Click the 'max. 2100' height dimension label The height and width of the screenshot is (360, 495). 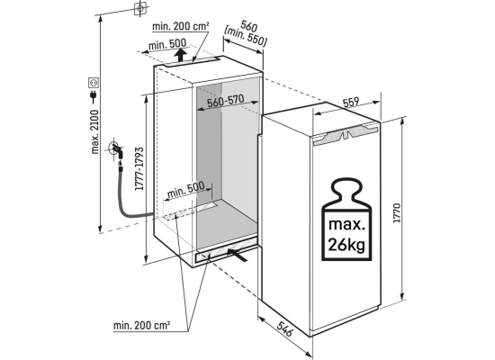(x=94, y=131)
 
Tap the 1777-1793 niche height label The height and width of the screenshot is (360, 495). (x=139, y=168)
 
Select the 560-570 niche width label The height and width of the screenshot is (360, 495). (x=225, y=101)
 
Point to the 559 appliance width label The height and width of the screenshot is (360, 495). (x=351, y=103)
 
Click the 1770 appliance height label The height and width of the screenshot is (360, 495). (x=397, y=213)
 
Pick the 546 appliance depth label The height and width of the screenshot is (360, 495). (x=285, y=329)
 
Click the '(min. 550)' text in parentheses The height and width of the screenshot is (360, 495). (x=246, y=36)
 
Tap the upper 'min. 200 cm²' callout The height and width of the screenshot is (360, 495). (x=181, y=26)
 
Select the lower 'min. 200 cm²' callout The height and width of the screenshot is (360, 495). (x=142, y=325)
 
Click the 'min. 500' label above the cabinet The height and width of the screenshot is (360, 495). (x=167, y=44)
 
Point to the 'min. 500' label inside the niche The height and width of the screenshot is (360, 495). (x=185, y=189)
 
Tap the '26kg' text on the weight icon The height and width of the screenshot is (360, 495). (x=346, y=244)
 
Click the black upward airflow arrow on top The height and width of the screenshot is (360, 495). (x=180, y=55)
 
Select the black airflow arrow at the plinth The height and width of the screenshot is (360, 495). (x=237, y=255)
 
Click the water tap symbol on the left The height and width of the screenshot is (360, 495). (x=116, y=150)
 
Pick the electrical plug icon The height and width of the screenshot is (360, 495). (x=94, y=97)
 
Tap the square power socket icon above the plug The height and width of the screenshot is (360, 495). (x=94, y=83)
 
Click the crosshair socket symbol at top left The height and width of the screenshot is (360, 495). (x=140, y=8)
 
